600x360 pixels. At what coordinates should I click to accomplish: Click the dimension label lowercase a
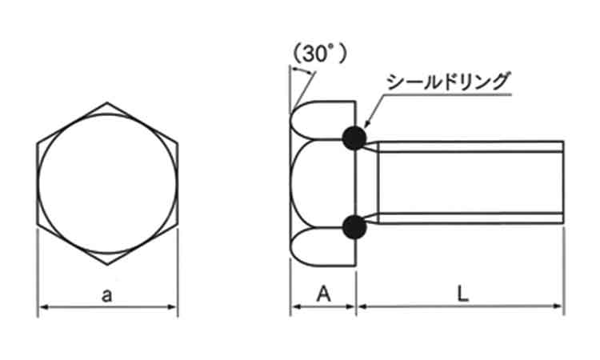pyautogui.click(x=107, y=295)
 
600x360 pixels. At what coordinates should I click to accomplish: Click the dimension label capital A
pyautogui.click(x=323, y=294)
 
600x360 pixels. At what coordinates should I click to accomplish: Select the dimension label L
pyautogui.click(x=463, y=294)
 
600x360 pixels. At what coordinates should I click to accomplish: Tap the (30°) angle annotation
pyautogui.click(x=319, y=54)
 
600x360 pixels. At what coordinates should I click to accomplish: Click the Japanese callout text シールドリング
pyautogui.click(x=448, y=81)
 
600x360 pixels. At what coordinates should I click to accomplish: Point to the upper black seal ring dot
pyautogui.click(x=354, y=138)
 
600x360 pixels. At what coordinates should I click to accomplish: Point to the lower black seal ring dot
pyautogui.click(x=354, y=227)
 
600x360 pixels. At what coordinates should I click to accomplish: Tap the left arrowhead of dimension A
pyautogui.click(x=296, y=306)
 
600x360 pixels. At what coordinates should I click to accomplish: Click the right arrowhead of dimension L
pyautogui.click(x=558, y=306)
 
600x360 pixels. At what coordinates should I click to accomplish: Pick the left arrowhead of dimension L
pyautogui.click(x=362, y=306)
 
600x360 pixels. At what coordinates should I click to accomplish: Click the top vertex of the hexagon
pyautogui.click(x=107, y=102)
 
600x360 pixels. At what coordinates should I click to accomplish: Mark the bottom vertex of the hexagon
pyautogui.click(x=107, y=264)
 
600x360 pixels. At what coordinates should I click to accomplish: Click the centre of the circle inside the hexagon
pyautogui.click(x=107, y=184)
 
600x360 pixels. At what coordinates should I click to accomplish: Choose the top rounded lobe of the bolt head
pyautogui.click(x=322, y=120)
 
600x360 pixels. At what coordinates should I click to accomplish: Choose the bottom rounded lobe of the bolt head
pyautogui.click(x=322, y=246)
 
